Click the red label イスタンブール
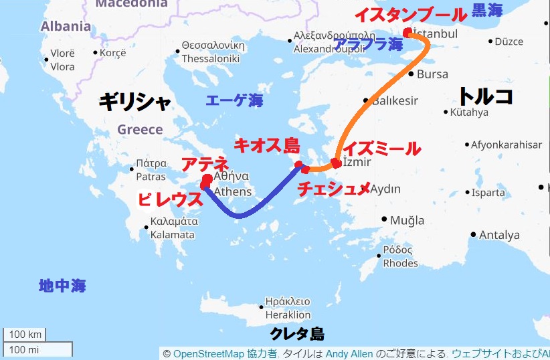coord(409,14)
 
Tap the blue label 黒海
coord(488,10)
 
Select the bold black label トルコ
coord(485,96)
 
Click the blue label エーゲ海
coord(234,101)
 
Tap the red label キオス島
coord(266,146)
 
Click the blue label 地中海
coord(62,286)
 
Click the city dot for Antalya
coord(473,235)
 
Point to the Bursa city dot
coord(411,74)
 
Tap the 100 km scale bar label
coord(26,335)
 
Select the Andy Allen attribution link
coord(349,353)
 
